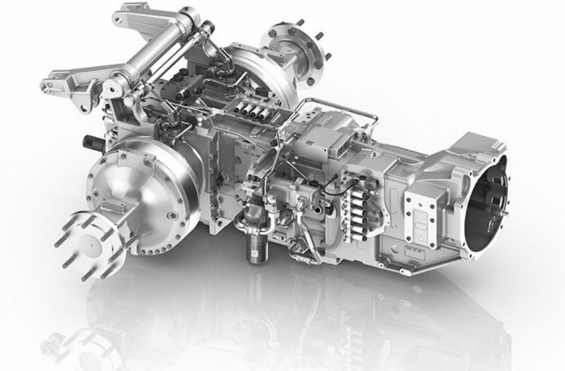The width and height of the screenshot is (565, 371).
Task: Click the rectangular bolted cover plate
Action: pyautogui.click(x=422, y=212)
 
